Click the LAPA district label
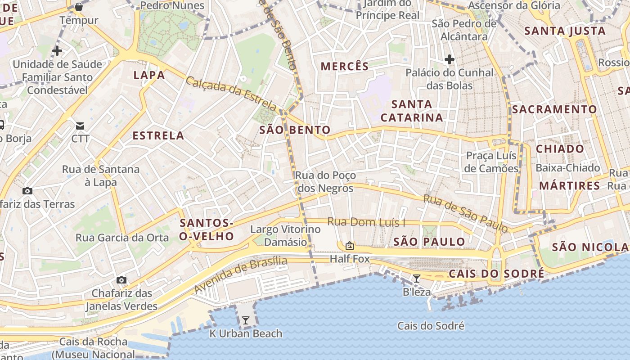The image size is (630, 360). pyautogui.click(x=149, y=75)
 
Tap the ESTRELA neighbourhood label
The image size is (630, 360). pyautogui.click(x=158, y=135)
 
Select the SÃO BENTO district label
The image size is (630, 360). pyautogui.click(x=295, y=130)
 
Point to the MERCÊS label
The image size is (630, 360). pyautogui.click(x=345, y=66)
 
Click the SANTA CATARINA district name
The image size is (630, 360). pyautogui.click(x=412, y=111)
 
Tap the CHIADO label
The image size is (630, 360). pyautogui.click(x=560, y=149)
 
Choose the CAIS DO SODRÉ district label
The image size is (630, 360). pyautogui.click(x=496, y=274)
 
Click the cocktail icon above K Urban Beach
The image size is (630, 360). pyautogui.click(x=246, y=320)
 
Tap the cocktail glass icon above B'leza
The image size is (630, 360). pyautogui.click(x=417, y=279)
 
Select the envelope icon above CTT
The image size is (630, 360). pyautogui.click(x=80, y=126)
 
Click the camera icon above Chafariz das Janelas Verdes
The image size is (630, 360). pyautogui.click(x=121, y=280)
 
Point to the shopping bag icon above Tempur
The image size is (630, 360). pyautogui.click(x=79, y=7)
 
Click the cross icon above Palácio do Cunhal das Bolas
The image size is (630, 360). pyautogui.click(x=449, y=59)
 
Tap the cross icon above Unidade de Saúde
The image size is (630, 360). pyautogui.click(x=57, y=51)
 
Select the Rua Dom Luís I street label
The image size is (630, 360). pyautogui.click(x=366, y=222)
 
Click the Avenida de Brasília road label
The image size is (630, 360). pyautogui.click(x=241, y=275)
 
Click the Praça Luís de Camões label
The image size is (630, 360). pyautogui.click(x=491, y=162)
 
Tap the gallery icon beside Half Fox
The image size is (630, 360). pyautogui.click(x=349, y=246)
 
